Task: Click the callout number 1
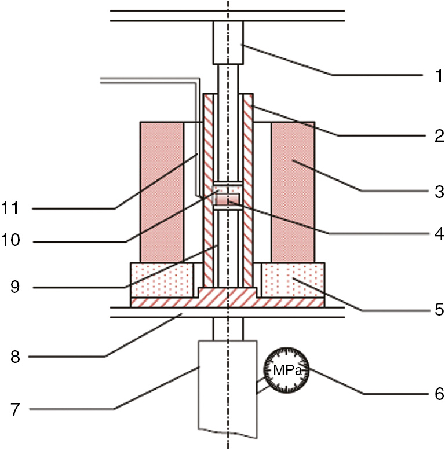coord(439,76)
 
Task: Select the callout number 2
coord(440,136)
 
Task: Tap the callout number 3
coord(440,192)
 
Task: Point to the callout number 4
coord(440,234)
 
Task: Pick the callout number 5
coord(440,310)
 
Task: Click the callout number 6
coord(440,394)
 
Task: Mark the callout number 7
coord(16,409)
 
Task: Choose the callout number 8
coord(15,357)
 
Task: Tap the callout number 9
coord(15,287)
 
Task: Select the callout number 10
coord(10,240)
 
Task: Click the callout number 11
coord(10,208)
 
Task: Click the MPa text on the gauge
coord(287,371)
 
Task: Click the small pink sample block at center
coord(227,199)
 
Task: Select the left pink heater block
coord(162,192)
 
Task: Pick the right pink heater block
coord(293,192)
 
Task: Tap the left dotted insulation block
coord(162,280)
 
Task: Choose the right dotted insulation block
coord(293,280)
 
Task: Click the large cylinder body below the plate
coord(227,388)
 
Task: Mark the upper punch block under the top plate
coord(228,43)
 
